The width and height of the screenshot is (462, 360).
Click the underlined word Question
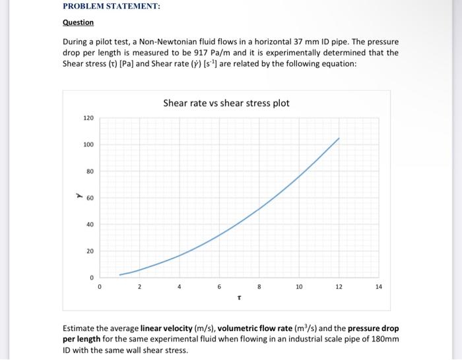pyautogui.click(x=78, y=22)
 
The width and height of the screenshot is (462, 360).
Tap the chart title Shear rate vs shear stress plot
pyautogui.click(x=226, y=104)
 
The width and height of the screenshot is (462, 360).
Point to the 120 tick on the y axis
pyautogui.click(x=88, y=118)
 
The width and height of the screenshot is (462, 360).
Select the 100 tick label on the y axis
pyautogui.click(x=88, y=144)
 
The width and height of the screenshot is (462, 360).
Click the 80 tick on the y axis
pyautogui.click(x=90, y=171)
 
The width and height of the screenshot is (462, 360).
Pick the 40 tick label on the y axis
pyautogui.click(x=90, y=225)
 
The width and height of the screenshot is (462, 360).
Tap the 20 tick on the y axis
pyautogui.click(x=90, y=251)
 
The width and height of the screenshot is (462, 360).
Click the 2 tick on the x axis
pyautogui.click(x=139, y=287)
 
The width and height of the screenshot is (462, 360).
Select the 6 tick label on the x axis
pyautogui.click(x=219, y=287)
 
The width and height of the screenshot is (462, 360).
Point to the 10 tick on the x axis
pyautogui.click(x=299, y=287)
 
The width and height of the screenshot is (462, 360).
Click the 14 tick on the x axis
pyautogui.click(x=378, y=287)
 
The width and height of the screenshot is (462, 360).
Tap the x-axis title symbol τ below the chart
pyautogui.click(x=239, y=298)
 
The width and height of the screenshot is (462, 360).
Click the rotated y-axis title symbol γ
pyautogui.click(x=77, y=196)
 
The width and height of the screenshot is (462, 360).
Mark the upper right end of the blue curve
pyautogui.click(x=339, y=138)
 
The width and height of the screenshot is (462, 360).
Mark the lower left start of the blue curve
pyautogui.click(x=119, y=275)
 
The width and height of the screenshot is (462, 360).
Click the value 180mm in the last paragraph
pyautogui.click(x=387, y=339)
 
